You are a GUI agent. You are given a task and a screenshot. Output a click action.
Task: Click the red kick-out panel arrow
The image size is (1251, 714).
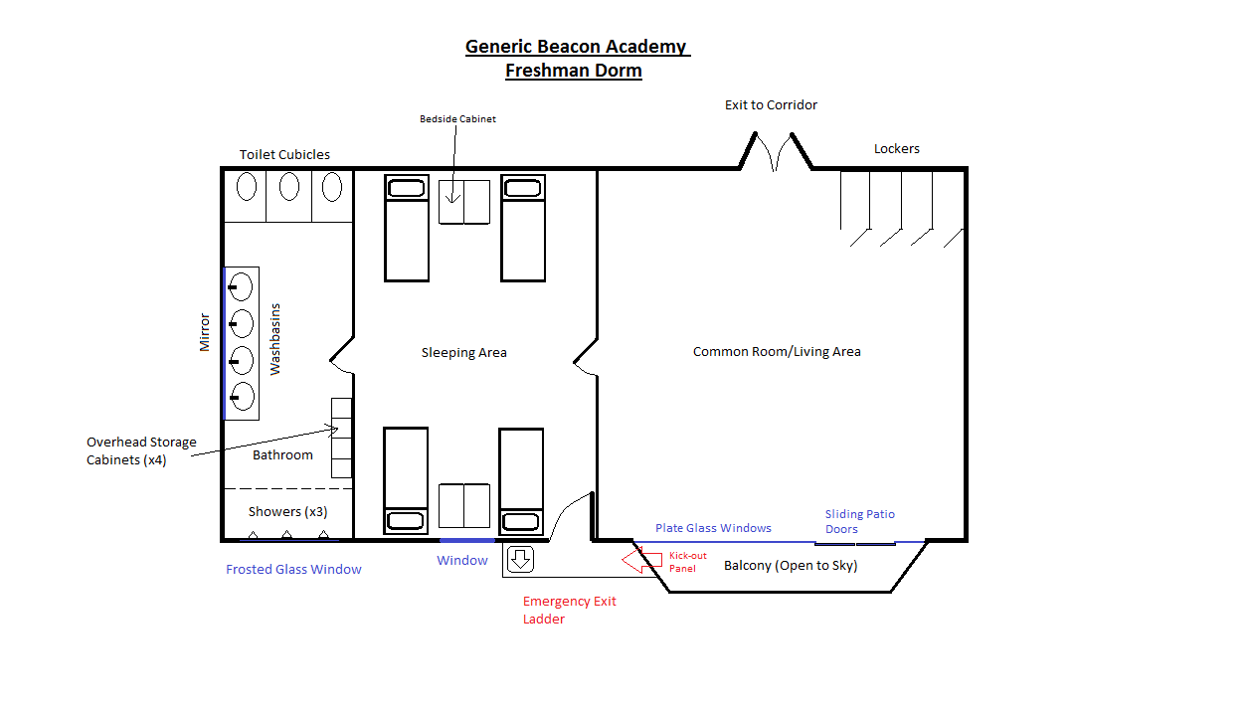(x=641, y=561)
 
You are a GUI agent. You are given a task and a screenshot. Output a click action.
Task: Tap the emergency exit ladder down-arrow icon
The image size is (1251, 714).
(x=520, y=559)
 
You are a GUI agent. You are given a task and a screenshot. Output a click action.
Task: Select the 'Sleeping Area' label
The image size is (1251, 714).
(x=464, y=353)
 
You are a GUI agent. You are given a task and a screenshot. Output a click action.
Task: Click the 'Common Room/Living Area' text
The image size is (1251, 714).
(x=777, y=351)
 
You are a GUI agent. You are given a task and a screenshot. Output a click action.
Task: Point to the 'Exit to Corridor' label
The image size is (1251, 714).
(x=771, y=105)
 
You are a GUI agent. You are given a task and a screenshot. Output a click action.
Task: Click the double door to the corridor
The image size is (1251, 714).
(x=776, y=151)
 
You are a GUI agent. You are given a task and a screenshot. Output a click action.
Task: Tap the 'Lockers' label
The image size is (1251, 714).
(x=896, y=148)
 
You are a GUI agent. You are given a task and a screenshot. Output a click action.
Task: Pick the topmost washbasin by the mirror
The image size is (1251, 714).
(x=241, y=287)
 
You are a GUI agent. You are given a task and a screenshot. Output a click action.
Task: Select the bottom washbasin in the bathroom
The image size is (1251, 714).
(x=242, y=397)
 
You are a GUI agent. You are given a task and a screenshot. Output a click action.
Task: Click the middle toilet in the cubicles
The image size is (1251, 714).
(x=289, y=186)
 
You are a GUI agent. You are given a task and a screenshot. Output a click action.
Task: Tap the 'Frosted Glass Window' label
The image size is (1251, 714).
(x=293, y=569)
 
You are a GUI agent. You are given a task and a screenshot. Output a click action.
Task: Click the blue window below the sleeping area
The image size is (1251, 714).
(x=467, y=540)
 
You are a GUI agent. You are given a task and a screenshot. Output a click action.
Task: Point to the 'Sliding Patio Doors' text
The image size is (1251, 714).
(x=860, y=521)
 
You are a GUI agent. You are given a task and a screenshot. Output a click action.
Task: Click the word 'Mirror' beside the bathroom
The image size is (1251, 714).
(x=205, y=332)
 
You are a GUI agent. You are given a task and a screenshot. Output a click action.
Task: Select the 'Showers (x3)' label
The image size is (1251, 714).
(x=287, y=512)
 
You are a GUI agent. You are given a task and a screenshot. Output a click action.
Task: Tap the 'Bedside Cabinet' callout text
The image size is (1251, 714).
(x=458, y=119)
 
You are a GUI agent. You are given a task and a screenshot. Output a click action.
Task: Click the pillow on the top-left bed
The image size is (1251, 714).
(x=407, y=188)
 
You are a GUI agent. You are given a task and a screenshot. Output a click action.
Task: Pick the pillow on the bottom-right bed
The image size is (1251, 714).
(x=520, y=522)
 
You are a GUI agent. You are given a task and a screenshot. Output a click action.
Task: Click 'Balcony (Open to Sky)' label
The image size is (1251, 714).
(x=791, y=566)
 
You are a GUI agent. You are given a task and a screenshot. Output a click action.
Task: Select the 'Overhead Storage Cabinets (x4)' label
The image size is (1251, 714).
(x=141, y=450)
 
